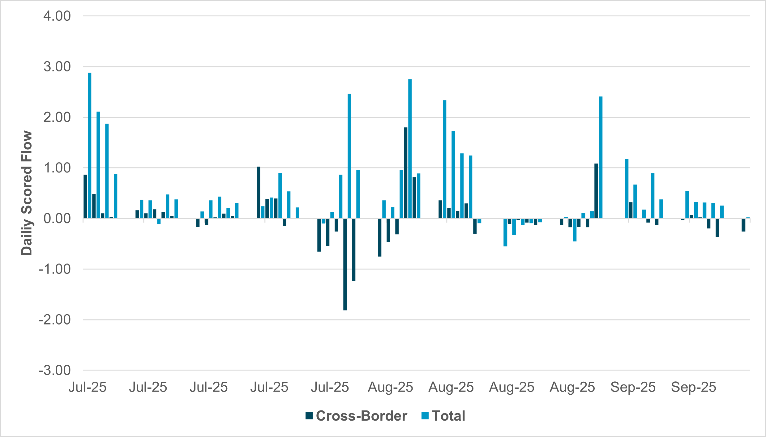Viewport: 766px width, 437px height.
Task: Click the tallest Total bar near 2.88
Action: (90, 145)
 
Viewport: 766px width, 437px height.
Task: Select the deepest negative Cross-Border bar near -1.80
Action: (345, 264)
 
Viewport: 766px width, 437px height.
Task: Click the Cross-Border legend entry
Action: (356, 416)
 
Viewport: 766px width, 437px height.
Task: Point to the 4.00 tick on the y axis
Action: (57, 16)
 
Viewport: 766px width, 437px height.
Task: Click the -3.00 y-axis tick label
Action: (55, 370)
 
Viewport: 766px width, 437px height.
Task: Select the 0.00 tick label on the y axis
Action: (57, 218)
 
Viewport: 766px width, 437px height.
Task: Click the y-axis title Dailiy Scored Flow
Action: (27, 193)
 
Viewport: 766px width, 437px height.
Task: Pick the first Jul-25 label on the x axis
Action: (88, 387)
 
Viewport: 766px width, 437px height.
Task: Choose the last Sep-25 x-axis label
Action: (693, 387)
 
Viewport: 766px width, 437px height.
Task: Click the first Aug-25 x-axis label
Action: (390, 387)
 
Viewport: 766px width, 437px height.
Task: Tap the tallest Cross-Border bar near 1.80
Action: (406, 173)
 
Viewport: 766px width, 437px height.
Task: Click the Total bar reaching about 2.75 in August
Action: (410, 148)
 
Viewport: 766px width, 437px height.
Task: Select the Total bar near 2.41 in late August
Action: (601, 158)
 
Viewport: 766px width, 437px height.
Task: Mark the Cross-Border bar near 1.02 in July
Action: (259, 193)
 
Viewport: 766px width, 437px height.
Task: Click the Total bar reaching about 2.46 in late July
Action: (349, 156)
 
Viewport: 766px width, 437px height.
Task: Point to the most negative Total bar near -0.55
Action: (505, 232)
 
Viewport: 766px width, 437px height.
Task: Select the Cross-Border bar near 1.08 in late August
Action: (596, 191)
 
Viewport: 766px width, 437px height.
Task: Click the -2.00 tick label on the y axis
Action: (55, 320)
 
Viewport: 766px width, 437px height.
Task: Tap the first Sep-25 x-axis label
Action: (633, 387)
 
